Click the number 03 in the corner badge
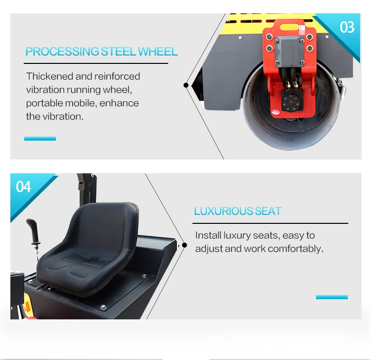click(x=347, y=27)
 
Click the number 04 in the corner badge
click(x=23, y=187)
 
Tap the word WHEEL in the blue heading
click(x=158, y=51)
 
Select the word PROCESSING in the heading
click(x=62, y=51)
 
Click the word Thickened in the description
click(x=49, y=76)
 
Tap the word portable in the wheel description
click(x=45, y=103)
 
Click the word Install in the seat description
click(x=208, y=235)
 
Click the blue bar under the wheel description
click(x=40, y=139)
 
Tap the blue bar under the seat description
click(x=332, y=297)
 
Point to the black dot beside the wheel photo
click(x=186, y=85)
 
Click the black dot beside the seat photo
click(x=185, y=245)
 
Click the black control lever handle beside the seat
click(x=33, y=231)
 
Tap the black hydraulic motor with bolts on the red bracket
click(x=292, y=100)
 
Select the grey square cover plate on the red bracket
click(x=289, y=51)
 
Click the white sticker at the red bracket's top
click(x=302, y=30)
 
